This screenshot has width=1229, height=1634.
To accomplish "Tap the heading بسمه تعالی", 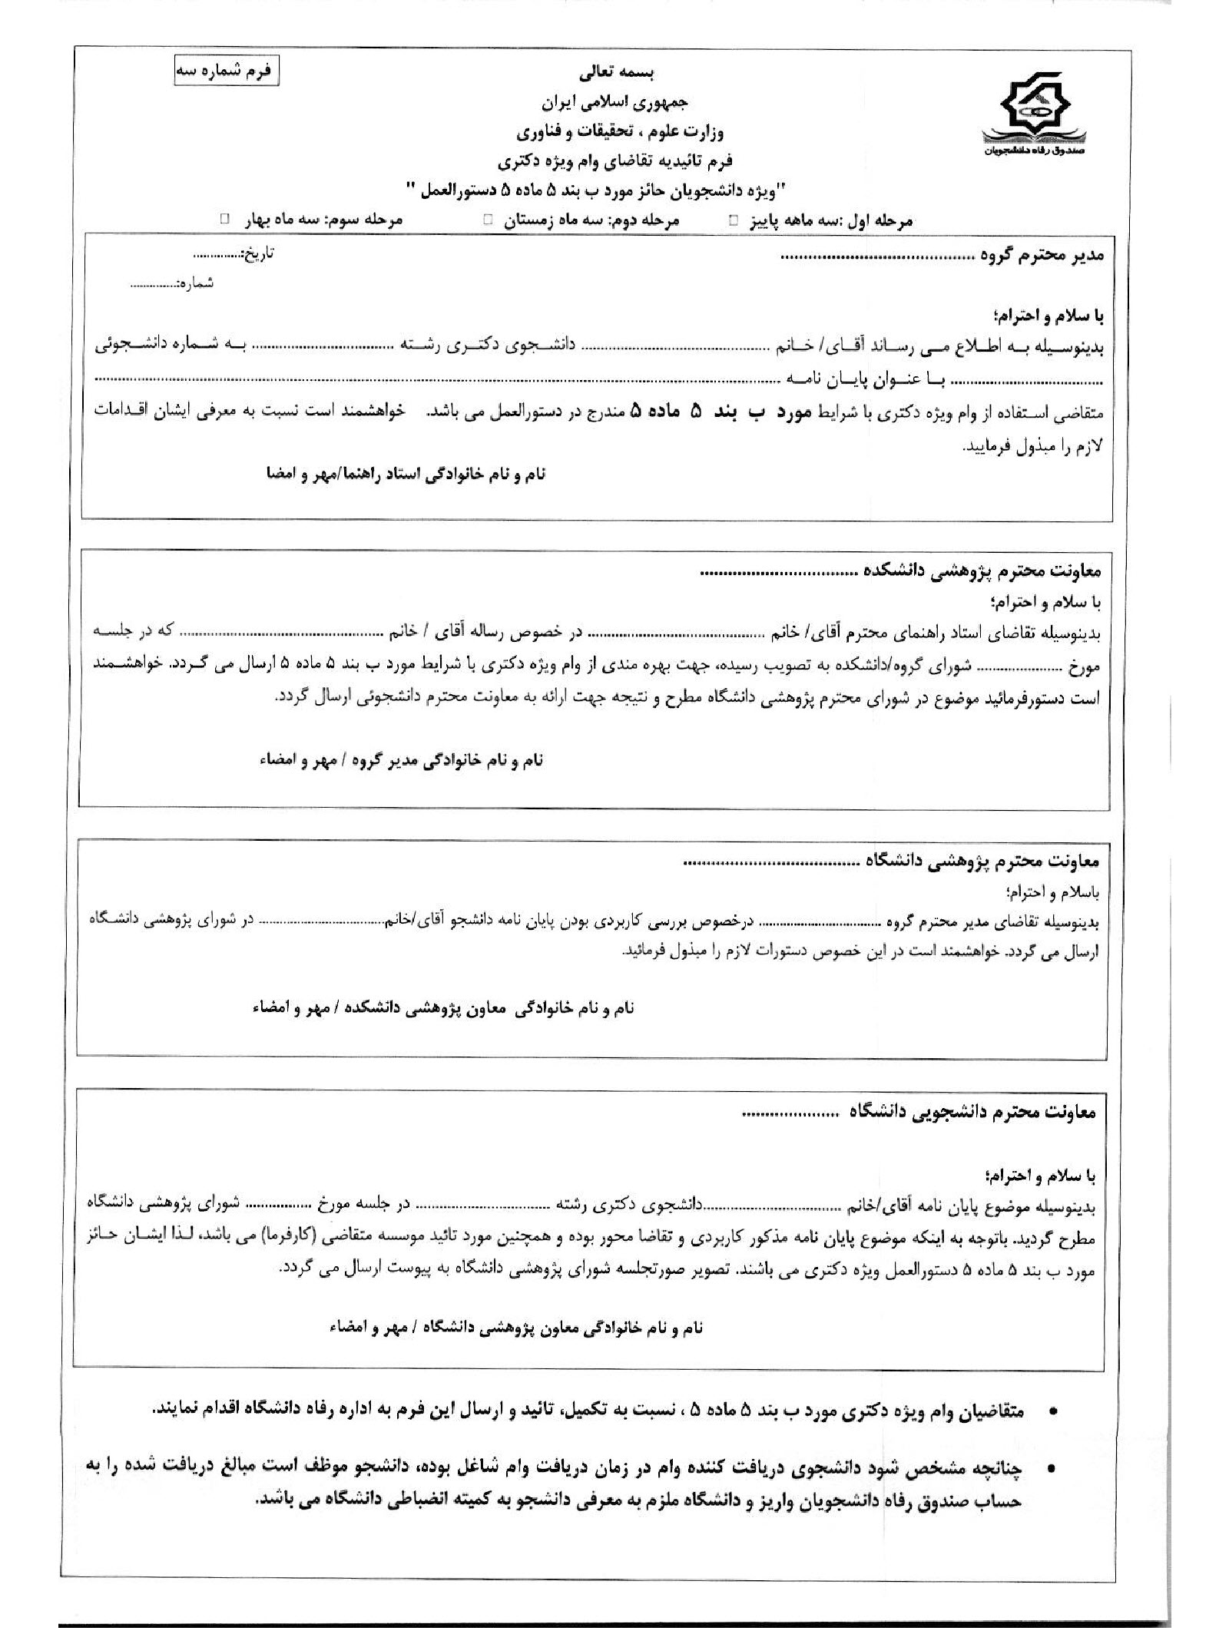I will coord(614,74).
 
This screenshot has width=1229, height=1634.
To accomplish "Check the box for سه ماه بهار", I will coord(225,220).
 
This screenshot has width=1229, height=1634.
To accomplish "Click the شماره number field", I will coord(154,284).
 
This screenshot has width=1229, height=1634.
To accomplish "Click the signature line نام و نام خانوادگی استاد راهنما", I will coord(405,474).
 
